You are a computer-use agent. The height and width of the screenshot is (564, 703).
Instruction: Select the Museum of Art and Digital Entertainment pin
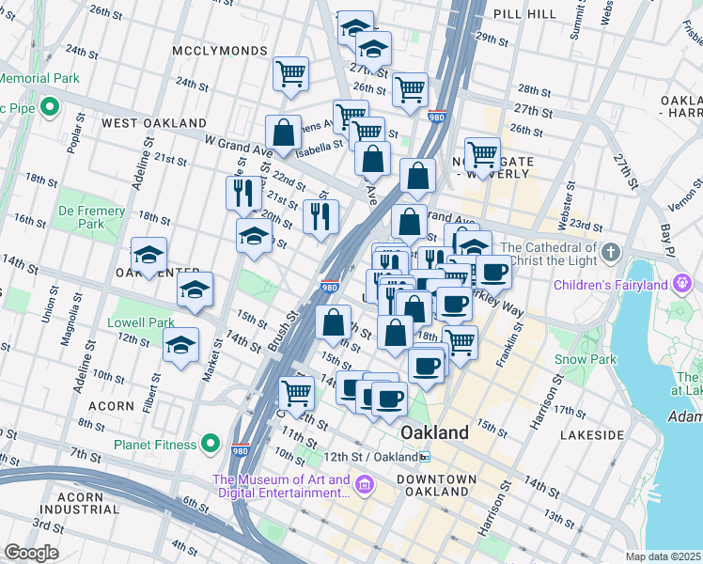coord(365,486)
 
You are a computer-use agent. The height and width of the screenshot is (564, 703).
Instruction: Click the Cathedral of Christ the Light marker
coord(611,253)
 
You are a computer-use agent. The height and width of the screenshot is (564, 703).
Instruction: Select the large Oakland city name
coord(434,432)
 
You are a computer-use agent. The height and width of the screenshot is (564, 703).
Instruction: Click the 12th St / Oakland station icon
coord(425,457)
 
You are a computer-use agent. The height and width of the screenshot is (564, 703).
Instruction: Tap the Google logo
coord(31,553)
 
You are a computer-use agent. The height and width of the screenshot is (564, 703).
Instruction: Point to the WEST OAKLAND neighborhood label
coord(154,123)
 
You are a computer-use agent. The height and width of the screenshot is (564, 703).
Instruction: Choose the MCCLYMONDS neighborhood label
coord(220,51)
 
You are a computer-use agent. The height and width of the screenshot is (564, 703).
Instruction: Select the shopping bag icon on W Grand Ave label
coord(283,134)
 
